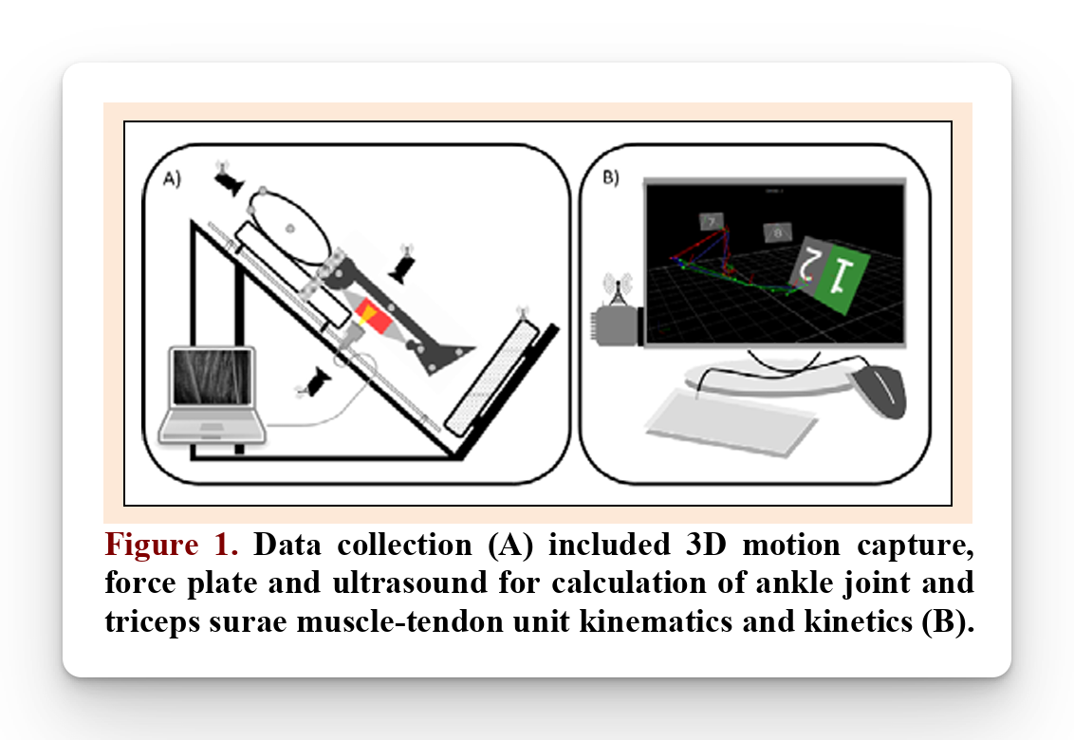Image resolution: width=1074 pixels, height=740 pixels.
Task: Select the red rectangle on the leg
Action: tap(376, 320)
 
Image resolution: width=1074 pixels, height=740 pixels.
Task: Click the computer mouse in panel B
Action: tap(880, 391)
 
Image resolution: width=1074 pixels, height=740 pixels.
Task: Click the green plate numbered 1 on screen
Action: tap(840, 276)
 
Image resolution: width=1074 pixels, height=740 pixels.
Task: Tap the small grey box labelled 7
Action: tap(711, 221)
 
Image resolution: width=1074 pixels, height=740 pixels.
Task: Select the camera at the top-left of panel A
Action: tap(229, 182)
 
